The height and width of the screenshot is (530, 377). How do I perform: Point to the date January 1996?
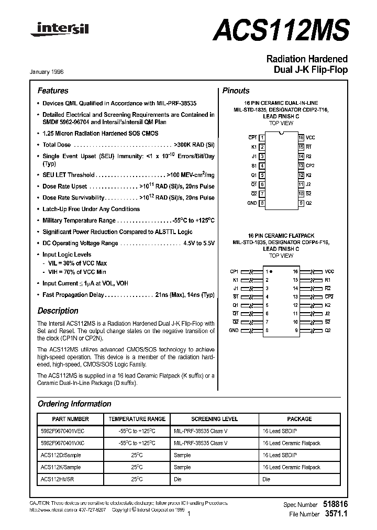51,72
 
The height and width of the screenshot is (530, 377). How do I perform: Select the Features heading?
52,91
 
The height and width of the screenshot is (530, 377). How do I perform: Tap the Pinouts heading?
236,91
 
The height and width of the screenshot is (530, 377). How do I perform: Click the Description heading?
58,311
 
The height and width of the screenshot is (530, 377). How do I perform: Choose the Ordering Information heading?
74,404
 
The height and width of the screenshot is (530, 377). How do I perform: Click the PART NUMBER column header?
71,419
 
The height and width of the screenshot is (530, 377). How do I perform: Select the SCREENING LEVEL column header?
214,419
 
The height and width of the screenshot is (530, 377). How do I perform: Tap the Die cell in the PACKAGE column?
266,479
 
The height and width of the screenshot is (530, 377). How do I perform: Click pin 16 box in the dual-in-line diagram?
301,137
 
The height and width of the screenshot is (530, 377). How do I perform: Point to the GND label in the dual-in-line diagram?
252,203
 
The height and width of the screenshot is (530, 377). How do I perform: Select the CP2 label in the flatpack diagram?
329,296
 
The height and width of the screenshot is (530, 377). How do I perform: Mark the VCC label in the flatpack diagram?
329,272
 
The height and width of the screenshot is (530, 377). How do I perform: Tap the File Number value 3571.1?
336,514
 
